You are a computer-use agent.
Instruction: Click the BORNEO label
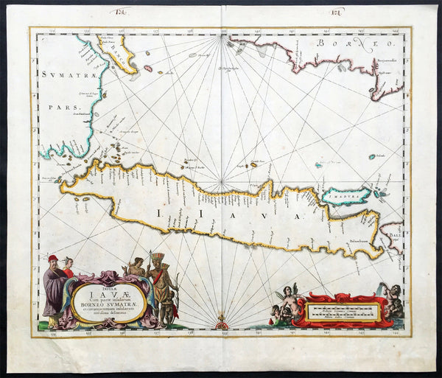341,45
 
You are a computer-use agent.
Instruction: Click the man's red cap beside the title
52,259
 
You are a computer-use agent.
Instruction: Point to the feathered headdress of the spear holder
158,257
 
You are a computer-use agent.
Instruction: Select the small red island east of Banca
148,69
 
